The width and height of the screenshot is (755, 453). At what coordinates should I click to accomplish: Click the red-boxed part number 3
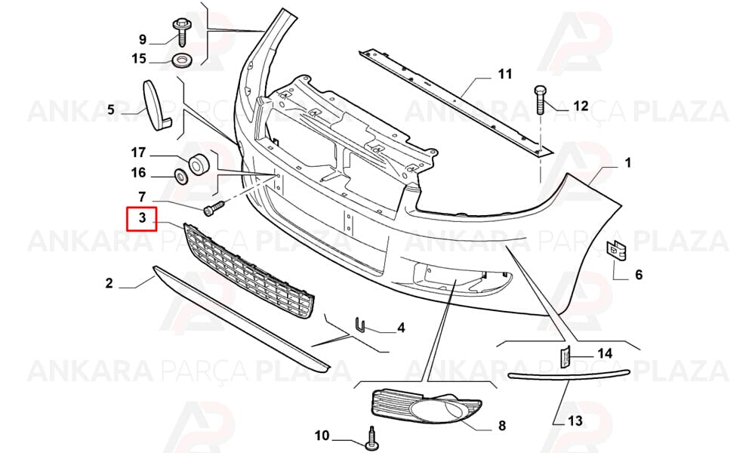coord(142,217)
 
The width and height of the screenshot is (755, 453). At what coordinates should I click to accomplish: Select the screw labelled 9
coord(181,32)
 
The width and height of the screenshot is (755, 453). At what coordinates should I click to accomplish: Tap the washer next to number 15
coord(182,61)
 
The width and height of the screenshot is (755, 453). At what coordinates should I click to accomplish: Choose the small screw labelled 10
coord(371,438)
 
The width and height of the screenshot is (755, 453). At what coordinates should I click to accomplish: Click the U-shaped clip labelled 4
coord(359,325)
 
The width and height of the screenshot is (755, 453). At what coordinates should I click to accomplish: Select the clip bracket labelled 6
coord(616,251)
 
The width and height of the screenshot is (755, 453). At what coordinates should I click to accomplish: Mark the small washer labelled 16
coord(181,177)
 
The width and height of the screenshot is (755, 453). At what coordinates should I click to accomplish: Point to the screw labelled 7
coord(214,208)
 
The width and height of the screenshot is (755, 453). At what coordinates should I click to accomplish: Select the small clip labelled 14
coord(565,356)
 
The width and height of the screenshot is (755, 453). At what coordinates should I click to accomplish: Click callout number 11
coord(504,74)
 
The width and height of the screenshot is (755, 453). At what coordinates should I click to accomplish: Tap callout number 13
coord(575,421)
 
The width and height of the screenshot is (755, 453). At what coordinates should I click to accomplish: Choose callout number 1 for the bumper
coord(628,163)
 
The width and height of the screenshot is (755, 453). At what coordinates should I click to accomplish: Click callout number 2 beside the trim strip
coord(109,283)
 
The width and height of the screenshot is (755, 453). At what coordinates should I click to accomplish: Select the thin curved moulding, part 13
coord(569,376)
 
